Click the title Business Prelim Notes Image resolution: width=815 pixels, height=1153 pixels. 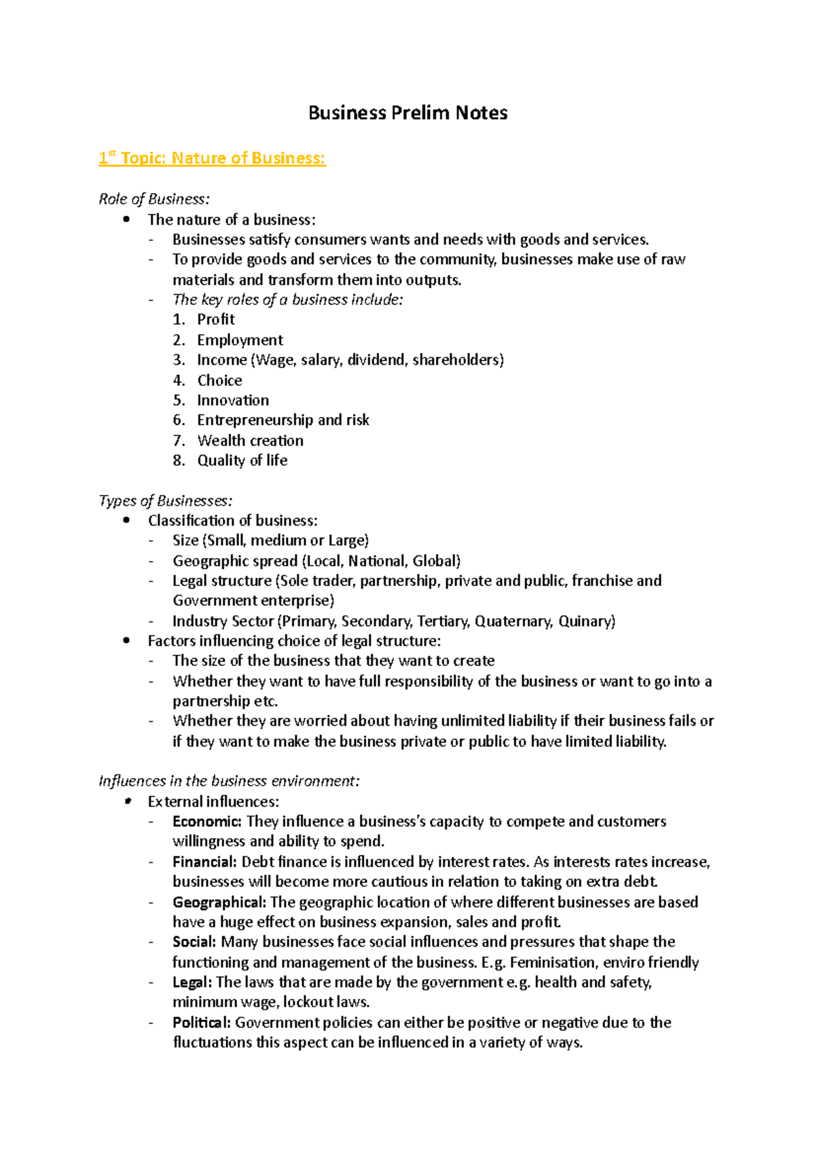pyautogui.click(x=407, y=113)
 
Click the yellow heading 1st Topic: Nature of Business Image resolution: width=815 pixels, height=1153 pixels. pyautogui.click(x=213, y=158)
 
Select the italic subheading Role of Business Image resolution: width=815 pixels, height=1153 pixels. pyautogui.click(x=154, y=199)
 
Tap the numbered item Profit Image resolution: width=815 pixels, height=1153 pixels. pyautogui.click(x=216, y=319)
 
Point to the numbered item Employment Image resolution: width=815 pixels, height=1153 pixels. pyautogui.click(x=240, y=340)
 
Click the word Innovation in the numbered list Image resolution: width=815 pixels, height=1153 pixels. pyautogui.click(x=233, y=400)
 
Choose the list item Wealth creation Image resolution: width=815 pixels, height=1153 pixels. pyautogui.click(x=250, y=440)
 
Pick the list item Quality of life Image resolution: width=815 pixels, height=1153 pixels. pyautogui.click(x=242, y=460)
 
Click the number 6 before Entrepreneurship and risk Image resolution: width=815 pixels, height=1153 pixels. pyautogui.click(x=178, y=420)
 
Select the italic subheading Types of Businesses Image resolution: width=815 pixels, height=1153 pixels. pyautogui.click(x=166, y=500)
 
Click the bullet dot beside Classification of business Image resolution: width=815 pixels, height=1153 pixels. pyautogui.click(x=126, y=520)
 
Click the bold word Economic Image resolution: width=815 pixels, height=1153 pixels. pyautogui.click(x=206, y=822)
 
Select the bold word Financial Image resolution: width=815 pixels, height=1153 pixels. pyautogui.click(x=204, y=862)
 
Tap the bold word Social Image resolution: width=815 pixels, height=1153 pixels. pyautogui.click(x=194, y=942)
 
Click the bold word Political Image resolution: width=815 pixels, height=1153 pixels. pyautogui.click(x=202, y=1023)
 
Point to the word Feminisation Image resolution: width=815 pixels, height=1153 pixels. pyautogui.click(x=552, y=962)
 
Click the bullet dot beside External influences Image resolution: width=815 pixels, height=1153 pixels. pyautogui.click(x=126, y=801)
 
